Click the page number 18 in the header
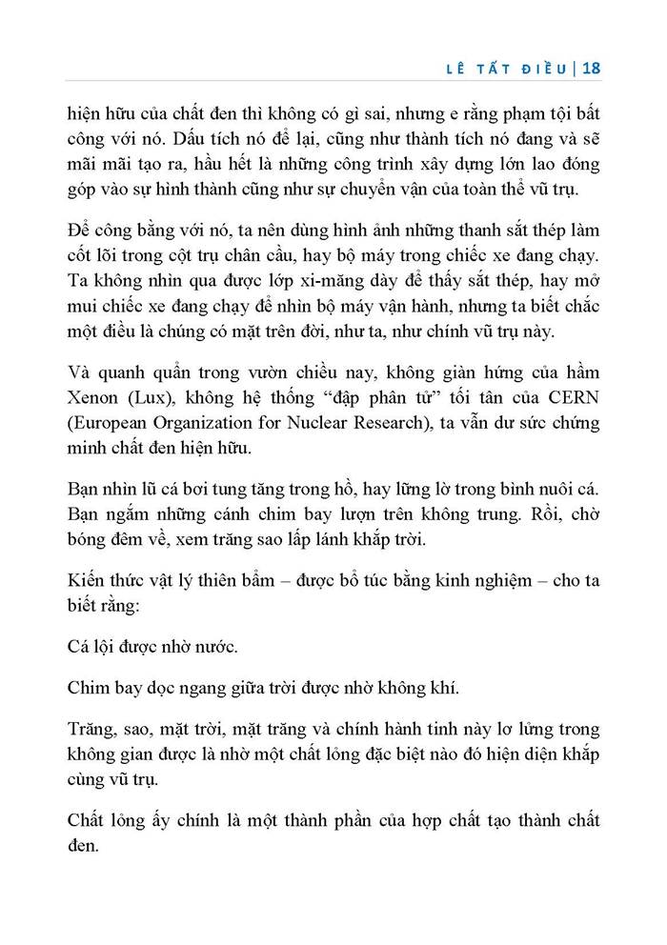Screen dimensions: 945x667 coord(589,68)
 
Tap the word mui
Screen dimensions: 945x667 coord(86,307)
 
